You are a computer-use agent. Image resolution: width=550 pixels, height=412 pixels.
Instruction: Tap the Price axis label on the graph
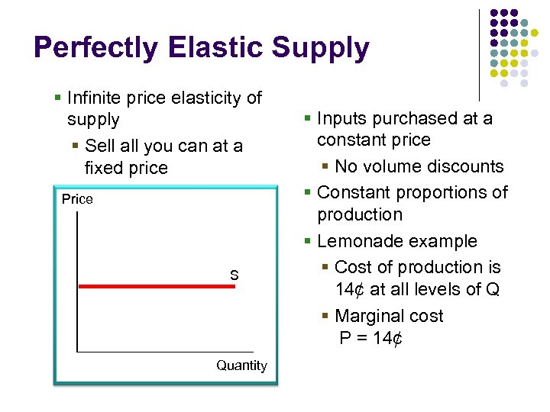click(77, 199)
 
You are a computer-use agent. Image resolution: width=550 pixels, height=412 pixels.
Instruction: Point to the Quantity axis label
click(241, 365)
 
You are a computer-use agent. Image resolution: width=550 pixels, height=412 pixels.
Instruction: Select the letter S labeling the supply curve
click(235, 275)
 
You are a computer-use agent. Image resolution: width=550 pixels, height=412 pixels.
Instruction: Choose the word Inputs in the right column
click(340, 118)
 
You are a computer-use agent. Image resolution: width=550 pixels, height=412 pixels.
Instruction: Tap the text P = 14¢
click(370, 338)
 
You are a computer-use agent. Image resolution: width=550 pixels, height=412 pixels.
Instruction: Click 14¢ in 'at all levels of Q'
click(350, 290)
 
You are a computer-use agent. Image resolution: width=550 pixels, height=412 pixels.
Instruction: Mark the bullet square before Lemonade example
click(307, 241)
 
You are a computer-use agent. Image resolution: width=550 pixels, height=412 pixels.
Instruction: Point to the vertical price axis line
click(77, 282)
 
